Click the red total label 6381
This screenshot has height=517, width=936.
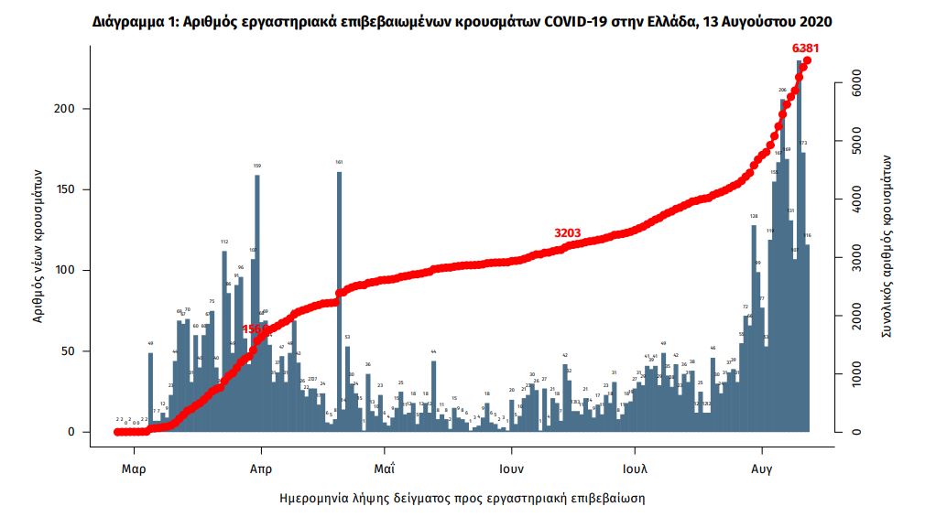click(x=807, y=48)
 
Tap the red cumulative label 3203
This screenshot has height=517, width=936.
click(x=568, y=233)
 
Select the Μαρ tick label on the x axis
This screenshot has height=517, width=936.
click(x=134, y=469)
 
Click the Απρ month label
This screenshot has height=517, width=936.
click(x=261, y=469)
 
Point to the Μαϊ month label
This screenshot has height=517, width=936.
click(x=385, y=469)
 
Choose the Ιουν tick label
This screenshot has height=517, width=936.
click(x=511, y=469)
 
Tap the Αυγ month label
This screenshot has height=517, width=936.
click(x=761, y=469)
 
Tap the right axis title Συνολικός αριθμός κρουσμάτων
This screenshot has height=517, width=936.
click(x=887, y=247)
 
